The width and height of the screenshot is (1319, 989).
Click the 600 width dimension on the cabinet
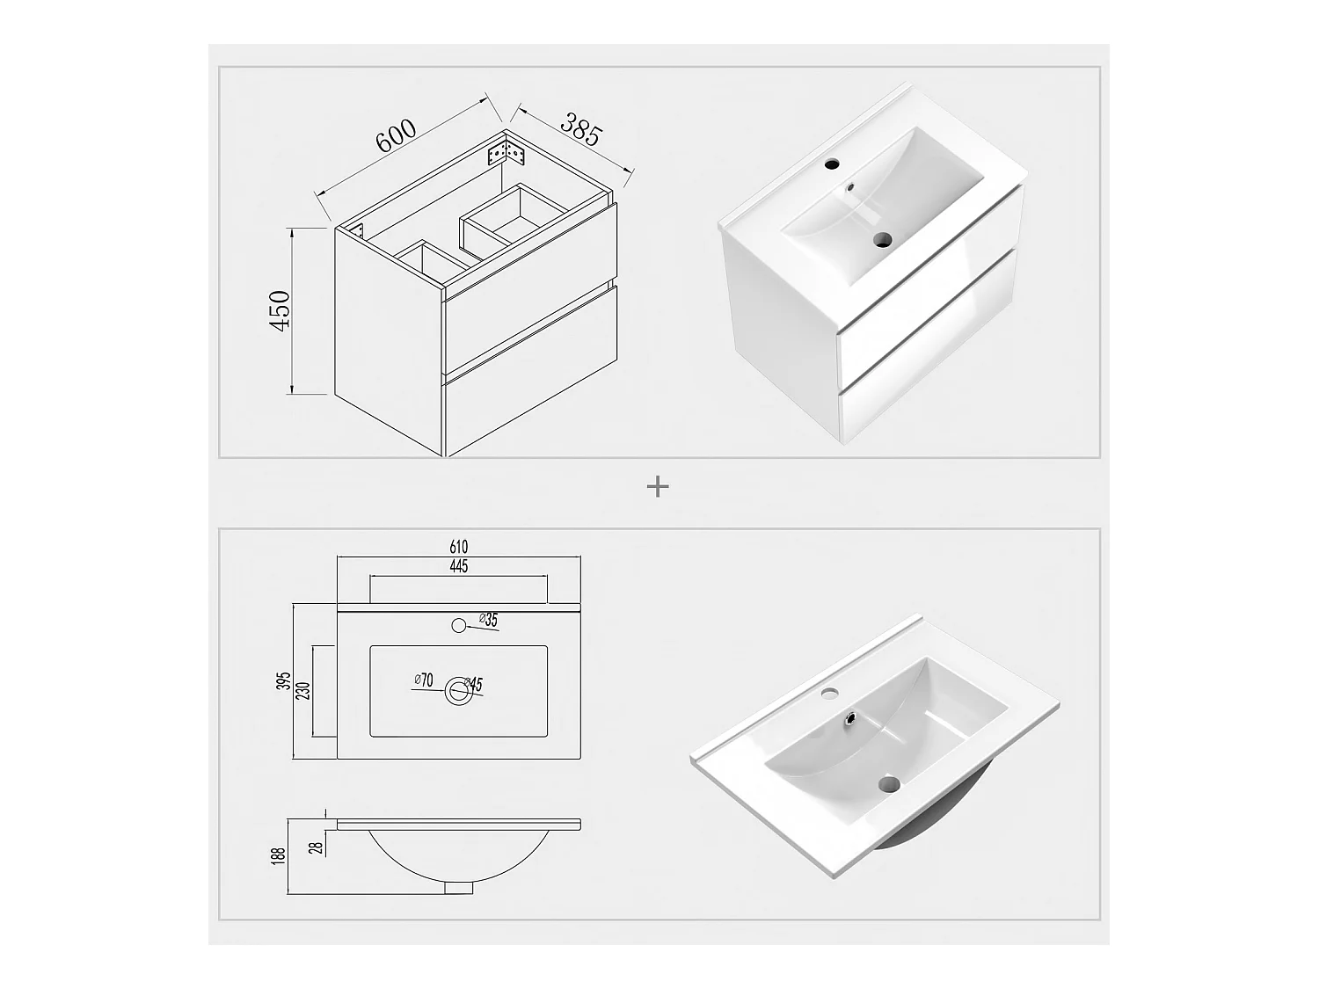click(x=396, y=135)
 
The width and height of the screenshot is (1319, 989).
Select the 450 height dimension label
click(x=280, y=309)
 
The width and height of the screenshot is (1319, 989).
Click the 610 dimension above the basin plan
click(x=458, y=547)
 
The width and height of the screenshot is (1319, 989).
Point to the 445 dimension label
click(x=458, y=566)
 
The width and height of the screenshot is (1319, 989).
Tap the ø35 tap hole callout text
click(x=489, y=620)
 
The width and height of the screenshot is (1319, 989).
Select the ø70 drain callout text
click(x=424, y=680)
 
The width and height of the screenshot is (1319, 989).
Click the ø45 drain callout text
click(x=473, y=684)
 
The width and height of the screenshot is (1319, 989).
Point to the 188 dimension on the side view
click(x=278, y=855)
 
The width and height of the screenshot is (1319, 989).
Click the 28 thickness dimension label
click(x=317, y=847)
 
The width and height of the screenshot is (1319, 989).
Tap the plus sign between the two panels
click(x=658, y=487)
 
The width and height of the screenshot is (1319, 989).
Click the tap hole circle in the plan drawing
click(x=459, y=625)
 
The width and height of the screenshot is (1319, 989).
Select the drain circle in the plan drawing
click(x=459, y=691)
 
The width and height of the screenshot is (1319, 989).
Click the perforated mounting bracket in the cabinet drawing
click(x=507, y=153)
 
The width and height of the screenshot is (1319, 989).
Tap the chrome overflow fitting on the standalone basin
click(x=850, y=716)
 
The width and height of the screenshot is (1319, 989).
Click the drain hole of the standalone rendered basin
click(x=890, y=783)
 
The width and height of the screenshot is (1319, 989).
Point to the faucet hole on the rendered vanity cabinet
click(x=832, y=163)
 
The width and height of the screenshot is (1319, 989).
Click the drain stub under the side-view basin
click(x=459, y=887)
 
